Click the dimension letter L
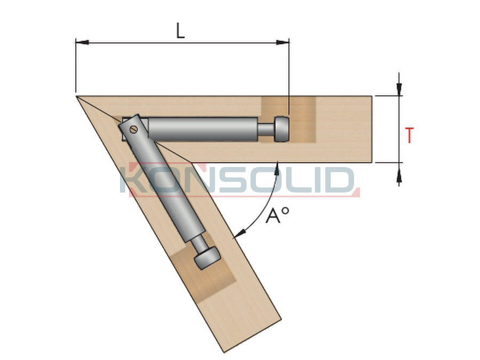point(181,31)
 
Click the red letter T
point(409,135)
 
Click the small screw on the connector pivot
point(133,129)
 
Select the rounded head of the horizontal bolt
point(282,129)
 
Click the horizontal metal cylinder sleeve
point(203,130)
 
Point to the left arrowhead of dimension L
point(82,42)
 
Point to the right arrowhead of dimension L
point(283,42)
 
